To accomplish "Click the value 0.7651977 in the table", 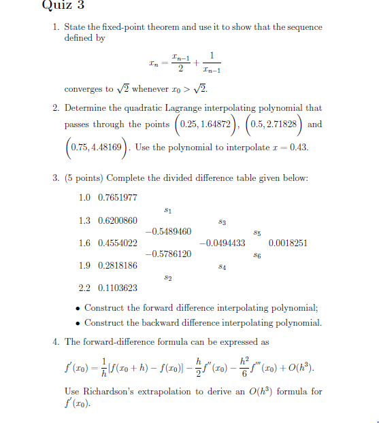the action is pos(118,197).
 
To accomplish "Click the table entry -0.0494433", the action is pos(222,243).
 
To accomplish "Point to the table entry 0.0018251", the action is pos(288,243).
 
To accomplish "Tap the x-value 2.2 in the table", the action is pos(85,288).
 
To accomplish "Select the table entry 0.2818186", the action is pos(118,265).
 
